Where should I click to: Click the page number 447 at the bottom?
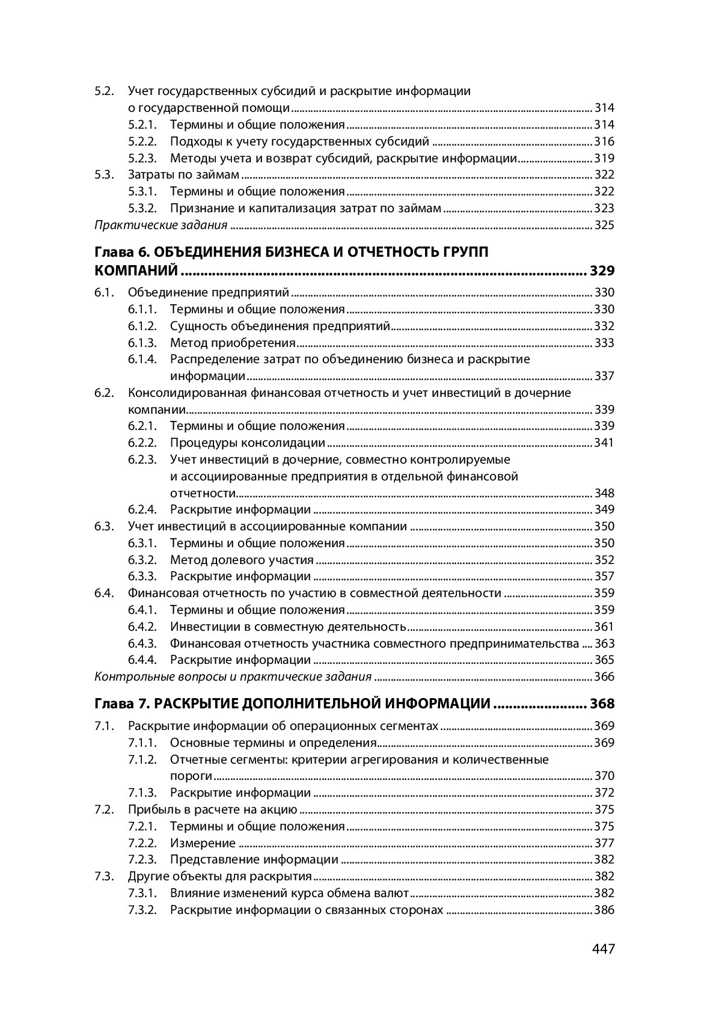(x=603, y=949)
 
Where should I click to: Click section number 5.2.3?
(x=142, y=159)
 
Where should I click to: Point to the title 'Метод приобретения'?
(x=233, y=343)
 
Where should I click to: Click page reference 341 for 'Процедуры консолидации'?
(x=604, y=443)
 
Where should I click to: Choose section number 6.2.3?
(x=142, y=460)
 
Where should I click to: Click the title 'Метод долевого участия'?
(x=242, y=560)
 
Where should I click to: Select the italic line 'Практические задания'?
(x=161, y=225)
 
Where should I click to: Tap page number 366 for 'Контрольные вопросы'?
(x=604, y=677)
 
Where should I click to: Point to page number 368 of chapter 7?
(x=602, y=704)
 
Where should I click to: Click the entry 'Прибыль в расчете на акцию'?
(x=213, y=809)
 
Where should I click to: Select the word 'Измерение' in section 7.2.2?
(x=203, y=843)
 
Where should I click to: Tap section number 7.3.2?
(x=142, y=910)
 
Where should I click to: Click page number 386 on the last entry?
(x=604, y=910)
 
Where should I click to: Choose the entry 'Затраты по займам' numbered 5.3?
(x=183, y=175)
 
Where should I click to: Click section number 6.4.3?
(x=142, y=643)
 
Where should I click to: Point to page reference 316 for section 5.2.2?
(x=604, y=142)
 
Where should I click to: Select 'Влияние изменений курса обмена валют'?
(x=289, y=893)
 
